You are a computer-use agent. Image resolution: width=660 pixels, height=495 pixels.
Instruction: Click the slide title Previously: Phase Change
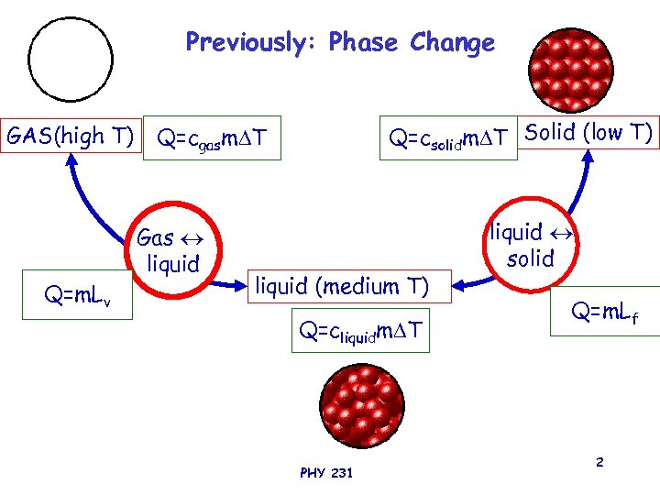click(340, 42)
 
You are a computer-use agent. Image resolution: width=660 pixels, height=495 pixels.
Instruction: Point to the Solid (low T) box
click(588, 133)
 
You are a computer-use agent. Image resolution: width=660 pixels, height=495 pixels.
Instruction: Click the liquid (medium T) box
click(341, 287)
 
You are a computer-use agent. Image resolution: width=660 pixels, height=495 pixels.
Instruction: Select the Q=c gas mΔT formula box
click(213, 139)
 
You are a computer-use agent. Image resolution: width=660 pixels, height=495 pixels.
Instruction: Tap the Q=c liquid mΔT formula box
click(360, 331)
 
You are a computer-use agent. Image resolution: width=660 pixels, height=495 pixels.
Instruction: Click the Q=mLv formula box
click(77, 295)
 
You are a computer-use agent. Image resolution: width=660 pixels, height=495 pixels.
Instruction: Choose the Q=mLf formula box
click(604, 313)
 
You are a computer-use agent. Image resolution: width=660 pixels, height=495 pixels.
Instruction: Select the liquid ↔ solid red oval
click(530, 245)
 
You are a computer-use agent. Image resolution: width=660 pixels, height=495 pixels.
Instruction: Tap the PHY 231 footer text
click(325, 473)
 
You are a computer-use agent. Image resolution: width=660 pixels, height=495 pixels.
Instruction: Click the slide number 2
click(599, 462)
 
